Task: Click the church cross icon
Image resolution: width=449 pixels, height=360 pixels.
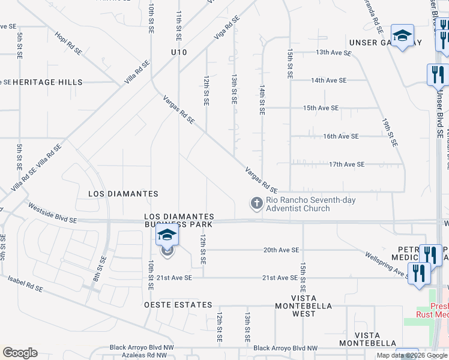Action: click(x=256, y=203)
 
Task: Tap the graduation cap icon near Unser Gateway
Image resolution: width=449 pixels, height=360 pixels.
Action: click(x=402, y=36)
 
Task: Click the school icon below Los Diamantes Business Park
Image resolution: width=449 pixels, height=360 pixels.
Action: click(x=167, y=235)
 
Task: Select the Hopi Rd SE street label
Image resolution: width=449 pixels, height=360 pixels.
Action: click(x=68, y=44)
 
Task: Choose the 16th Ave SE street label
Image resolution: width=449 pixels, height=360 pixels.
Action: click(x=341, y=136)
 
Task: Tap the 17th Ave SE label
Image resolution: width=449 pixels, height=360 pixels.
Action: click(x=346, y=164)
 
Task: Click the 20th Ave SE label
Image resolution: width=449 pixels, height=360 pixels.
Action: click(x=281, y=250)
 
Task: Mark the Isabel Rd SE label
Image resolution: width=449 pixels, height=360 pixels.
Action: click(x=25, y=284)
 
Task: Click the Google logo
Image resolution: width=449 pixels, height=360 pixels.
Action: click(x=20, y=353)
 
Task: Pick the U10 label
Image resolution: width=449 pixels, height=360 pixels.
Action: click(x=179, y=53)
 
